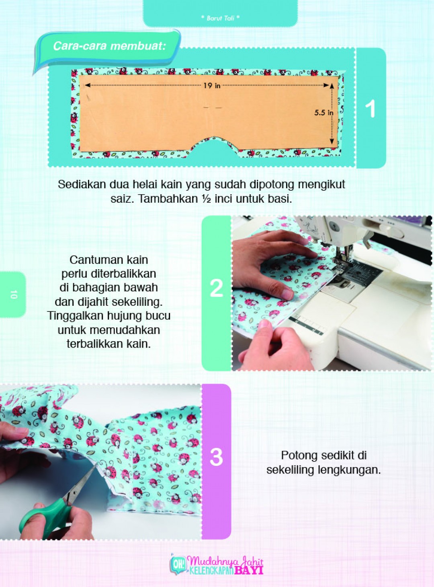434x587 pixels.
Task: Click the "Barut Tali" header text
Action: click(x=220, y=18)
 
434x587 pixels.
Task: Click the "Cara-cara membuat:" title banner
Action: click(x=109, y=46)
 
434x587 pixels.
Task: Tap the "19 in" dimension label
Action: click(x=211, y=85)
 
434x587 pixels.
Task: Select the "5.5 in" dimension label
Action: click(x=323, y=113)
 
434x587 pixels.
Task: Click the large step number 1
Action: click(x=371, y=109)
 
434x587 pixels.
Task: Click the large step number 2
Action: click(x=216, y=288)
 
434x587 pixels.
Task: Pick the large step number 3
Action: click(x=216, y=457)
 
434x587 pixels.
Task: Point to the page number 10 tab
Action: click(x=13, y=295)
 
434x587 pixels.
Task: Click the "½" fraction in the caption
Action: click(x=206, y=199)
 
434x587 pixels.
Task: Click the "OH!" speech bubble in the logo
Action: click(x=178, y=564)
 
